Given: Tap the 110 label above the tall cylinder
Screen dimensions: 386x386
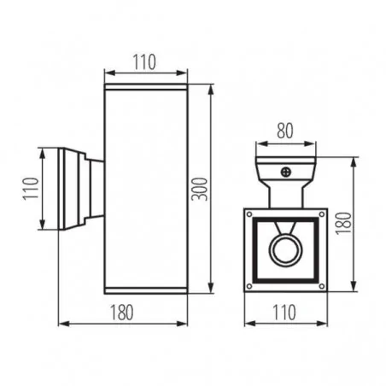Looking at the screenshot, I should (145, 61).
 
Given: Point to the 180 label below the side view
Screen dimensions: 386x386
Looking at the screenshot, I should (123, 312).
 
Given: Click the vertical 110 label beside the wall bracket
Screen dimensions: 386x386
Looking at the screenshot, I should (29, 190).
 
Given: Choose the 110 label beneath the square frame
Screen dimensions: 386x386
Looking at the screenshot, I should (283, 312).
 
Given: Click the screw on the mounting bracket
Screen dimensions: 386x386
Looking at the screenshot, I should (284, 172).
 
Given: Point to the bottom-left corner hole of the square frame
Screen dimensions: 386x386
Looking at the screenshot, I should (251, 285).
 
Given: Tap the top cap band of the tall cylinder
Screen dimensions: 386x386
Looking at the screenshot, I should (145, 86).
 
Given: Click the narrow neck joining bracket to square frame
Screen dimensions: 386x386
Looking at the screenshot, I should (284, 196).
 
